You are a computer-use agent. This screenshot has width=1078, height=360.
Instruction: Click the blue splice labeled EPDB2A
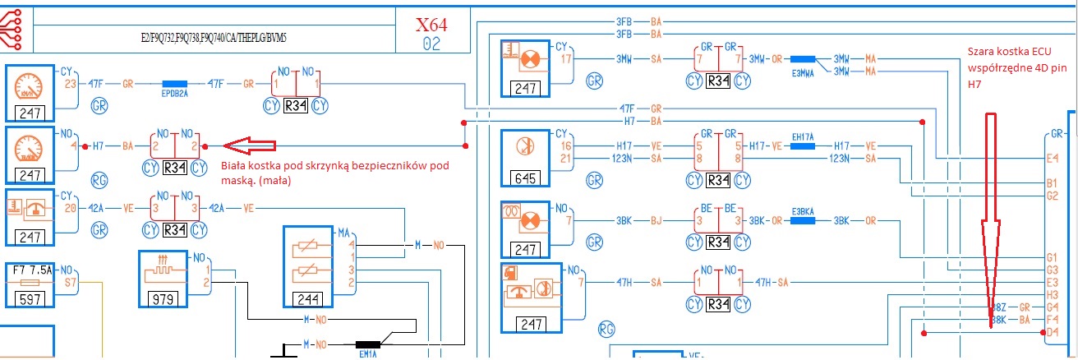(175, 84)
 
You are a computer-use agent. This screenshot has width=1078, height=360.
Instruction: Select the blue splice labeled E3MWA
(804, 60)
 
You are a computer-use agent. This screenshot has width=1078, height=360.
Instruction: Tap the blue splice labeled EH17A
(801, 145)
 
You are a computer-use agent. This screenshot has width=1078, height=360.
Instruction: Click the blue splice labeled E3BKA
(802, 220)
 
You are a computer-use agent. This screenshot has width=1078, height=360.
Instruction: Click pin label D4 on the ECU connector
(1053, 331)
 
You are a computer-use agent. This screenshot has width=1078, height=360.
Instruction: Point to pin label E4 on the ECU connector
(1053, 157)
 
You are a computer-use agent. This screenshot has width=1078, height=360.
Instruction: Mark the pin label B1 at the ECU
(1053, 182)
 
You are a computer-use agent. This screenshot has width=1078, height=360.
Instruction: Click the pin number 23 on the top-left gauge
(70, 84)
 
